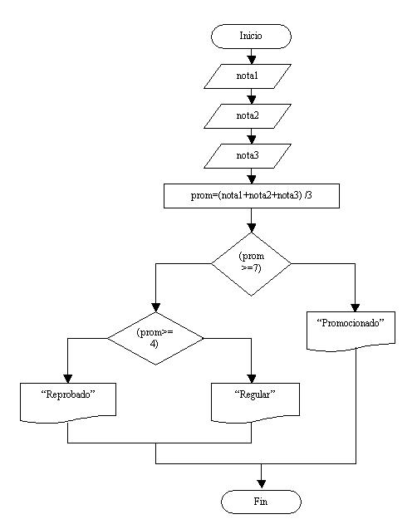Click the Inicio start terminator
click(x=251, y=36)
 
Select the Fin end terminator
click(x=261, y=502)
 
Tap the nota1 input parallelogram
click(x=248, y=76)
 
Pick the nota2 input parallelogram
click(x=248, y=115)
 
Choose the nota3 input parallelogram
click(x=248, y=155)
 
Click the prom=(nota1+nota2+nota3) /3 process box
click(x=251, y=196)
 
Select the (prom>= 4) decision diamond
click(x=155, y=338)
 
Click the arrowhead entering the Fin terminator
click(x=261, y=484)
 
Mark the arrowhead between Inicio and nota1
click(x=251, y=58)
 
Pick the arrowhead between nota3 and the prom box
click(x=251, y=179)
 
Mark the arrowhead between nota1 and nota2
click(x=251, y=98)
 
